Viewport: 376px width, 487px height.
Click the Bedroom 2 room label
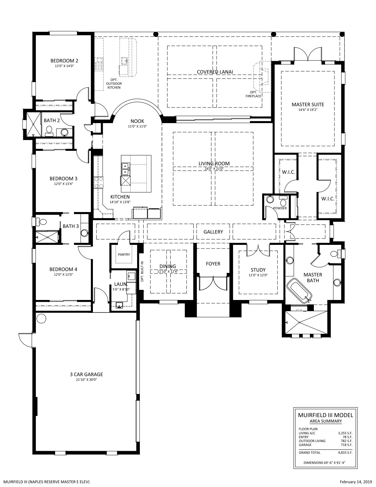click(64, 61)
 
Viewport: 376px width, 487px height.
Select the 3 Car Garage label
click(86, 374)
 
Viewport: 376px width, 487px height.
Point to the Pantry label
click(124, 254)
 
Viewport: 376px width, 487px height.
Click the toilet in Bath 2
click(49, 131)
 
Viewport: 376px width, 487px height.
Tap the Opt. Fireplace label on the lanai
click(253, 94)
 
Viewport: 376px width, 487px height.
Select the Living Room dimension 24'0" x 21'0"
click(214, 169)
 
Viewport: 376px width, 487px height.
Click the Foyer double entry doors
click(213, 283)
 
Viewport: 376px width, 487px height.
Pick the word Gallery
click(213, 232)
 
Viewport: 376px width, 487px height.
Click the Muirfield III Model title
click(325, 415)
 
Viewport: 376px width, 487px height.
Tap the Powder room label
click(280, 208)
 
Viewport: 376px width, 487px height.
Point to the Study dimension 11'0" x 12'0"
click(258, 275)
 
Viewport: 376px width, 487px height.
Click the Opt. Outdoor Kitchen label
click(114, 84)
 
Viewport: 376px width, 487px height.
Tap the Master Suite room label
click(308, 105)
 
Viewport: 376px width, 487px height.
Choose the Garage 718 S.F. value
click(347, 445)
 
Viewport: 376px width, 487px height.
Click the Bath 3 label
click(71, 226)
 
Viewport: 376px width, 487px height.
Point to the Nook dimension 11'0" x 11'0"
click(137, 126)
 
